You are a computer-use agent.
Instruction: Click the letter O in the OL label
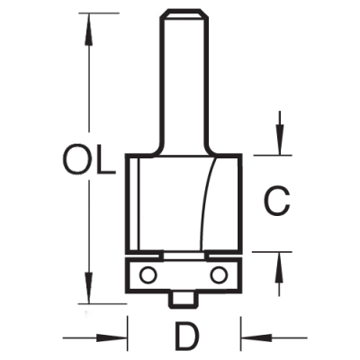point(77,158)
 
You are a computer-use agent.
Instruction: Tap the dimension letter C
point(276,202)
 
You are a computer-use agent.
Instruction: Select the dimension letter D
point(186,337)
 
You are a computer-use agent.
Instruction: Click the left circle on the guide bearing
point(148,274)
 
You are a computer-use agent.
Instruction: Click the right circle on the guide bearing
point(218,274)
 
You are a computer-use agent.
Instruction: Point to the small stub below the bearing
point(184,299)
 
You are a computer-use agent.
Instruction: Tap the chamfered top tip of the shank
point(184,13)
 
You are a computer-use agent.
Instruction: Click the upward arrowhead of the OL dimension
point(88,29)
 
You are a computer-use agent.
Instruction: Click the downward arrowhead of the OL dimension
point(88,287)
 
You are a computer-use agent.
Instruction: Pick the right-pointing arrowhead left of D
point(112,337)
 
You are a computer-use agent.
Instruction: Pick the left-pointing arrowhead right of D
point(256,337)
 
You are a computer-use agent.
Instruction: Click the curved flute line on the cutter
point(207,203)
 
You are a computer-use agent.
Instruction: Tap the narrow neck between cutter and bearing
point(185,256)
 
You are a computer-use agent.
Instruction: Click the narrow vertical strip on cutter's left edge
point(134,203)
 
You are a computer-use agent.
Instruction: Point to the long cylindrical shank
point(184,81)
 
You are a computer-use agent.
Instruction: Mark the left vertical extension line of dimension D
point(128,333)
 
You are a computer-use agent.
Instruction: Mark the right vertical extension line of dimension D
point(241,333)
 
